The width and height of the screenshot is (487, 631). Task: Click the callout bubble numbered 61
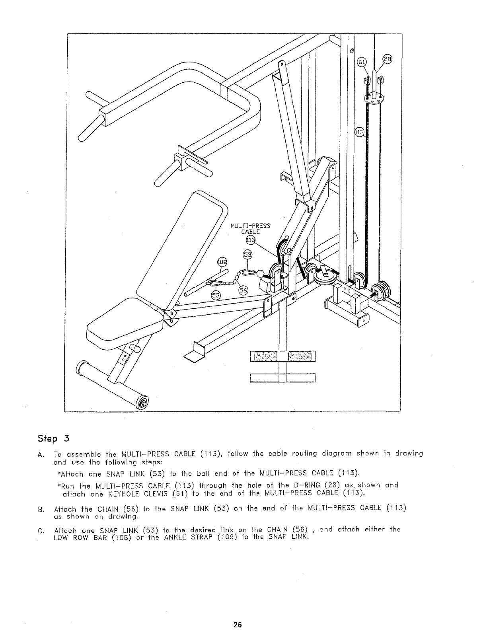[x=361, y=62]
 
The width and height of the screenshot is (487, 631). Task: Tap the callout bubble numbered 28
[x=387, y=60]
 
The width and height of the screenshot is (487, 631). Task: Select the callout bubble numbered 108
[x=221, y=262]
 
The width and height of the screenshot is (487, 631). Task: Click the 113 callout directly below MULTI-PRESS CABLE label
[x=250, y=240]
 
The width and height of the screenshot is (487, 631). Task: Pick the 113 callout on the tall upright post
[x=359, y=132]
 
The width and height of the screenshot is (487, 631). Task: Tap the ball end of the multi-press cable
[x=261, y=274]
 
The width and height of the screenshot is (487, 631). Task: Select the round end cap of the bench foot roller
[x=142, y=403]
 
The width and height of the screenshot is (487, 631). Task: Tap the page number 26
[x=238, y=624]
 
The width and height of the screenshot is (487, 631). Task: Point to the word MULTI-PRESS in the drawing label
[x=251, y=226]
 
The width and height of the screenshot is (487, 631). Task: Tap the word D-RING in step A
[x=306, y=485]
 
